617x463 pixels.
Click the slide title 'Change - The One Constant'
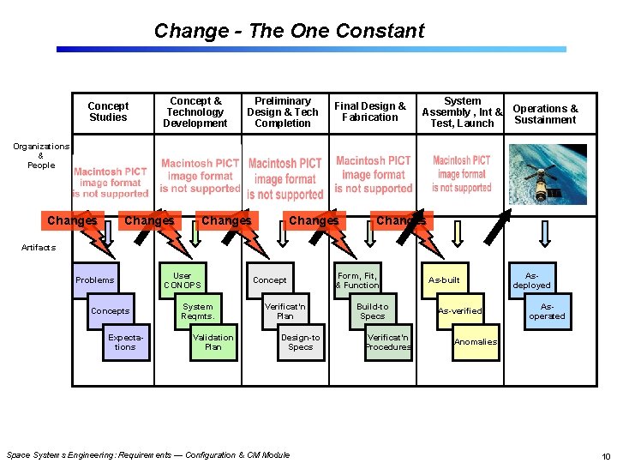(x=289, y=31)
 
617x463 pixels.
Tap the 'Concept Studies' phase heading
(x=108, y=111)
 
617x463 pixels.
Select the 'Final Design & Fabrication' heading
(x=370, y=111)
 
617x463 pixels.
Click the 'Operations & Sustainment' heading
(x=545, y=114)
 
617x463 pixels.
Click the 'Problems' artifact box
(x=94, y=280)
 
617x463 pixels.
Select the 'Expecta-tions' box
(x=125, y=342)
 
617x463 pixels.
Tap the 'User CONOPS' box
(x=182, y=280)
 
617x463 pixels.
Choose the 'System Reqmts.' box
(x=197, y=310)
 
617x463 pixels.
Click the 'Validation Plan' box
(x=213, y=342)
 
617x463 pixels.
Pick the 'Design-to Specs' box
(x=300, y=342)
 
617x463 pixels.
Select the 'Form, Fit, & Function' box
(x=356, y=280)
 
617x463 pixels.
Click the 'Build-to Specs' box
(x=372, y=310)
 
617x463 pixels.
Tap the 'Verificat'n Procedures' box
(x=387, y=342)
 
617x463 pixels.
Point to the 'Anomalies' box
(x=475, y=342)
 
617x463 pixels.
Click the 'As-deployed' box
(x=531, y=280)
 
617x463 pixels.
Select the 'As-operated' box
(x=547, y=310)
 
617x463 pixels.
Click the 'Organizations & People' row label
(x=40, y=155)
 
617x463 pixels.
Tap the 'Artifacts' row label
(x=39, y=247)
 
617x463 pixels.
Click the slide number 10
(x=606, y=455)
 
